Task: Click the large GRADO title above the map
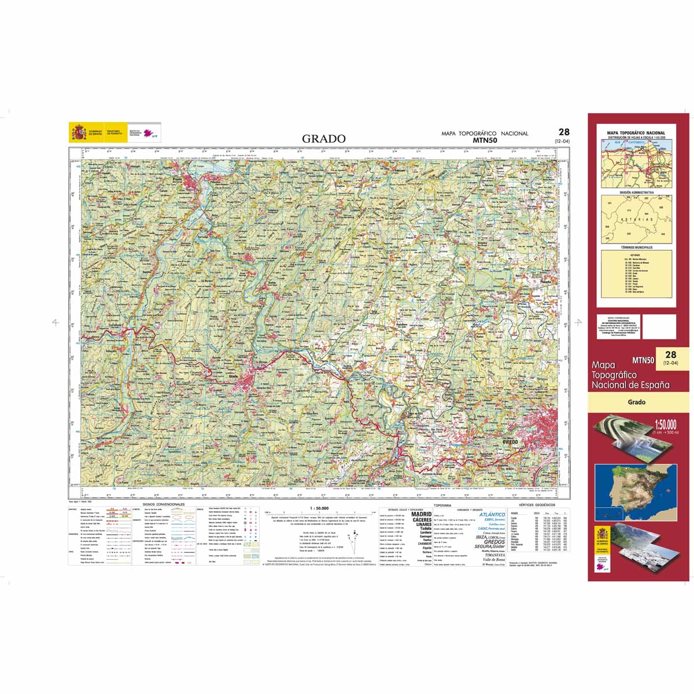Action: pos(324,139)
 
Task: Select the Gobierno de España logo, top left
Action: pos(87,132)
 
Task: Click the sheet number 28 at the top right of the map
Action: pos(564,132)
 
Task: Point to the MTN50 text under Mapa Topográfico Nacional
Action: pos(484,140)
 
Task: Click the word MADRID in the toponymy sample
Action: pos(421,514)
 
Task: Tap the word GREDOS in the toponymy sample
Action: pos(494,542)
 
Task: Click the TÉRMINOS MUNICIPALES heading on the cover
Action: pos(636,247)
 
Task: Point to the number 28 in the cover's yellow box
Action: pos(670,355)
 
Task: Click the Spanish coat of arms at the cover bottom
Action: pos(602,535)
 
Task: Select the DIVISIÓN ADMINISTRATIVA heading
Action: pos(636,192)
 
